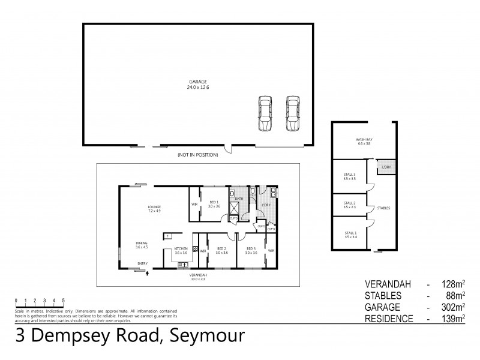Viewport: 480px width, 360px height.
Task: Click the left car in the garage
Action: point(265,113)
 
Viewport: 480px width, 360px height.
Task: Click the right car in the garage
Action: point(292,113)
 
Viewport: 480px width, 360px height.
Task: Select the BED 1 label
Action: point(214,203)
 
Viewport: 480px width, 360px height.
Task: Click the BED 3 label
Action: point(251,250)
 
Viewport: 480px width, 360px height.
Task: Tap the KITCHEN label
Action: point(181,250)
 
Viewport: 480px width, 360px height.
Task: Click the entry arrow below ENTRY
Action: point(147,273)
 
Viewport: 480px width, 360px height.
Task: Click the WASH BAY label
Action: point(365,142)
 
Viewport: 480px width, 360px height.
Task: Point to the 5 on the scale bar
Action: point(63,299)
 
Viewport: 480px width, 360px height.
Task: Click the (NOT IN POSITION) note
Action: point(197,155)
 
